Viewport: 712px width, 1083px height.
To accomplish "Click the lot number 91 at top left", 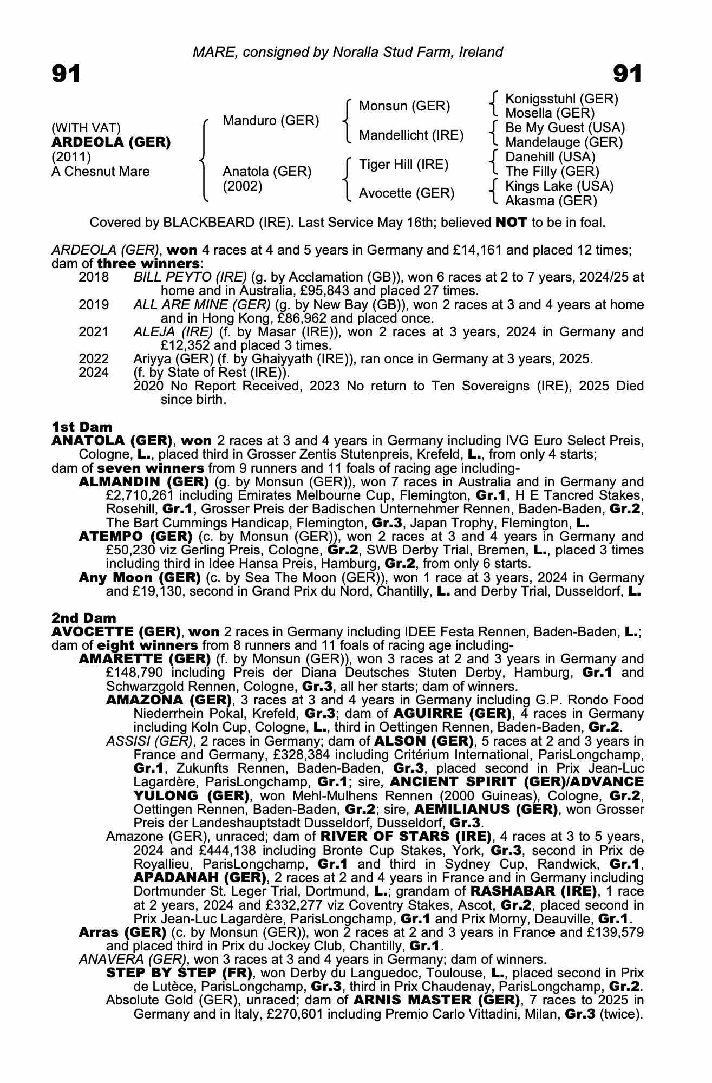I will (66, 74).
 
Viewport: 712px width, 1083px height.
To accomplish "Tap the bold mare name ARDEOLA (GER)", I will (111, 142).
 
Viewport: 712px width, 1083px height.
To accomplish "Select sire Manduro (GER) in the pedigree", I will (271, 120).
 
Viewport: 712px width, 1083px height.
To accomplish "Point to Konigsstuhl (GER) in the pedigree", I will (561, 99).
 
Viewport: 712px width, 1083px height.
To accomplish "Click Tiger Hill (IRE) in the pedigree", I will (403, 164).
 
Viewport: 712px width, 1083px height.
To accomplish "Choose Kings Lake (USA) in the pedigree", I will (559, 186).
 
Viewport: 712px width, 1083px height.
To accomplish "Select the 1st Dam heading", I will (82, 427).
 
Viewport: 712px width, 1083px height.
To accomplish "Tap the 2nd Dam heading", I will (83, 618).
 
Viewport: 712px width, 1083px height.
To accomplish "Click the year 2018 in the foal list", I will (94, 277).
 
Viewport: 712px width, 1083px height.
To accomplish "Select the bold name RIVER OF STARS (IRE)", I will (406, 836).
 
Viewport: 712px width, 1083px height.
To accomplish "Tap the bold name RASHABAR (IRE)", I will (534, 891).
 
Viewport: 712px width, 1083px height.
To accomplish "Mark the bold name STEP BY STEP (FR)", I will (179, 973).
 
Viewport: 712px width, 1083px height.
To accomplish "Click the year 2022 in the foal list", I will (94, 358).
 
